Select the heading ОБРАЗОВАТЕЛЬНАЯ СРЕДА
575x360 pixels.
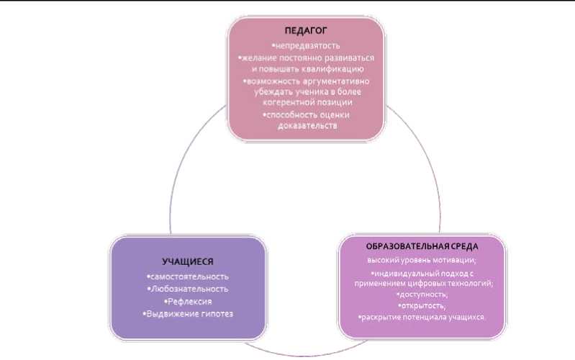[x=422, y=247]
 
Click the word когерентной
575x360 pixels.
[x=293, y=104]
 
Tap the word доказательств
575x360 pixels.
[x=307, y=126]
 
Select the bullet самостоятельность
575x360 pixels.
[x=188, y=276]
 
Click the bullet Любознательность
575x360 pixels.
[x=188, y=289]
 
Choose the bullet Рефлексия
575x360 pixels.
[x=188, y=301]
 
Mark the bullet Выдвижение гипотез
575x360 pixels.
[x=188, y=313]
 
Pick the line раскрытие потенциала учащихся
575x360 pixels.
[x=422, y=318]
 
